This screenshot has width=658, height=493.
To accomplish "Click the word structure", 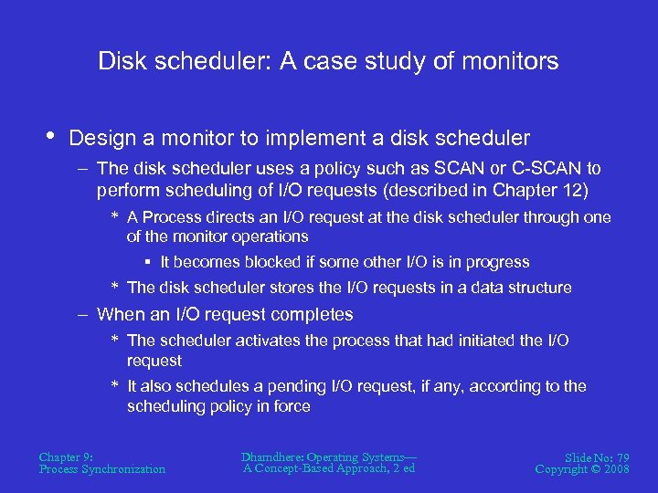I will click(x=534, y=288).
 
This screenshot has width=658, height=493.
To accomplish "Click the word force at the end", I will click(x=292, y=406).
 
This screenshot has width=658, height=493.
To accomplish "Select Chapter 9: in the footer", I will click(x=67, y=456).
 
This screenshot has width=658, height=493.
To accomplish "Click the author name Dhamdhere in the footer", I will click(x=274, y=456).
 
